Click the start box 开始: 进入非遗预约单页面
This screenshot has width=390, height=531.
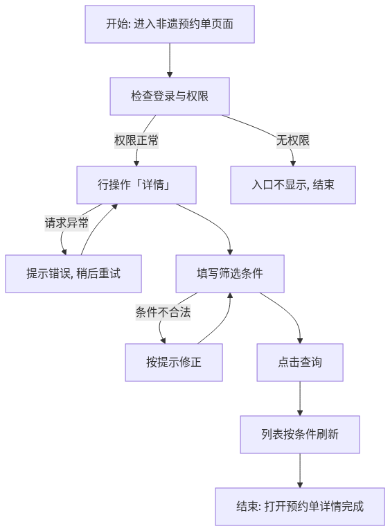[170, 24]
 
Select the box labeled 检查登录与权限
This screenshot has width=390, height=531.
[170, 96]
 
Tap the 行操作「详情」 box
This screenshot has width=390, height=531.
[136, 185]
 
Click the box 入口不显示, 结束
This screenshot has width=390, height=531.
[293, 185]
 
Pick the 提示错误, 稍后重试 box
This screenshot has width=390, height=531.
[73, 274]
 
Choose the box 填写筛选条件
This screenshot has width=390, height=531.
[230, 274]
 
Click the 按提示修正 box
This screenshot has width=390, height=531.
[174, 363]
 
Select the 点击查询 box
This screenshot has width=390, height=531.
[300, 363]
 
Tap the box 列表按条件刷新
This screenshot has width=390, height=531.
[300, 435]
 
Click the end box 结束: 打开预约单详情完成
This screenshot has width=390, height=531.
[300, 507]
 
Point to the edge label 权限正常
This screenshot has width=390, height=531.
[136, 140]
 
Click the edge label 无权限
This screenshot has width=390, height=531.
[293, 140]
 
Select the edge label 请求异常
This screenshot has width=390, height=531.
[67, 223]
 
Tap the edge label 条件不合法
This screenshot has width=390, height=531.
[163, 312]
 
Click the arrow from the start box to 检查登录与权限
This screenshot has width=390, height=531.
[170, 60]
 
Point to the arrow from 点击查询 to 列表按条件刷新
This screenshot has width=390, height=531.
[300, 399]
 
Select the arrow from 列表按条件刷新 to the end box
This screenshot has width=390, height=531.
[300, 471]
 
